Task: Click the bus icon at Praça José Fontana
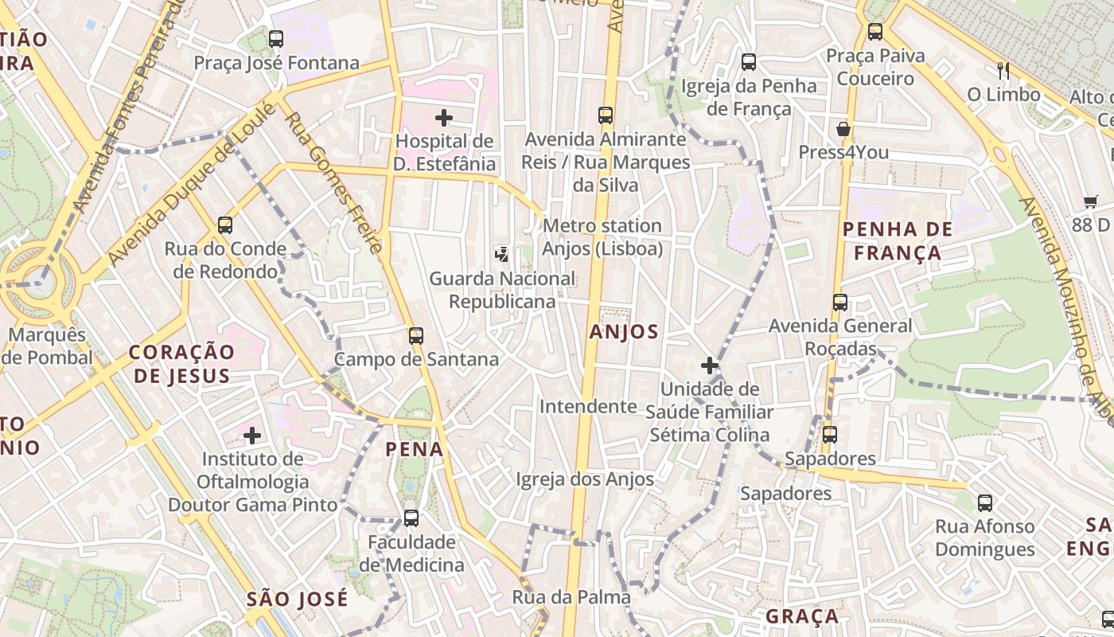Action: tap(276, 38)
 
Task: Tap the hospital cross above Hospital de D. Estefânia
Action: tap(444, 118)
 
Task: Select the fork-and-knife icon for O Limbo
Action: tap(1003, 71)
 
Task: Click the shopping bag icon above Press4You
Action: tap(843, 129)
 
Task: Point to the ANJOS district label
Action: tap(625, 332)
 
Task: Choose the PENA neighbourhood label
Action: tap(415, 449)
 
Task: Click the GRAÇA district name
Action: tap(802, 616)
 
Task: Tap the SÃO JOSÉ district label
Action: tap(298, 599)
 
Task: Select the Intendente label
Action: tap(588, 407)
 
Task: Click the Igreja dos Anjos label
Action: tap(585, 479)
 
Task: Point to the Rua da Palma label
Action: tap(571, 596)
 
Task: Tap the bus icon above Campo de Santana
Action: tap(416, 336)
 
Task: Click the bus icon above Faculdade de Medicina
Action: tap(411, 518)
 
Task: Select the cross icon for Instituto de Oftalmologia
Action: tap(252, 436)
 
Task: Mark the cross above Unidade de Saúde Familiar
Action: tap(710, 365)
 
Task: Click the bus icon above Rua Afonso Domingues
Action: tap(985, 503)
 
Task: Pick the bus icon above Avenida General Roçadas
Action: tap(840, 303)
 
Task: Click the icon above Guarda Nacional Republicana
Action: tap(502, 255)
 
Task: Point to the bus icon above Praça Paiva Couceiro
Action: tap(875, 32)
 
